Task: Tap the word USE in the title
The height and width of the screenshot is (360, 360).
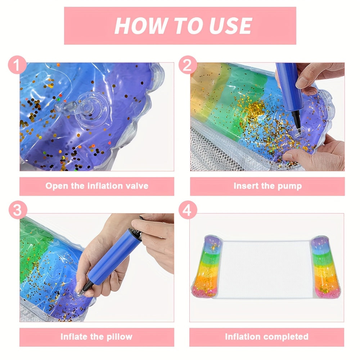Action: [x=230, y=26]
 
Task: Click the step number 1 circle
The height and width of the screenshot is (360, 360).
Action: [x=17, y=65]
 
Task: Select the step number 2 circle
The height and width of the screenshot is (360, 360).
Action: [x=188, y=65]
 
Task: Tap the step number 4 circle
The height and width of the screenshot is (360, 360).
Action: [x=188, y=210]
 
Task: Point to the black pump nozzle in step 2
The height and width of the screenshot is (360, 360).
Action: [x=296, y=121]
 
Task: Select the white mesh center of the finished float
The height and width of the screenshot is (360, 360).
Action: [x=266, y=269]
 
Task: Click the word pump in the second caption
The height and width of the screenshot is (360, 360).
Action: [x=289, y=186]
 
